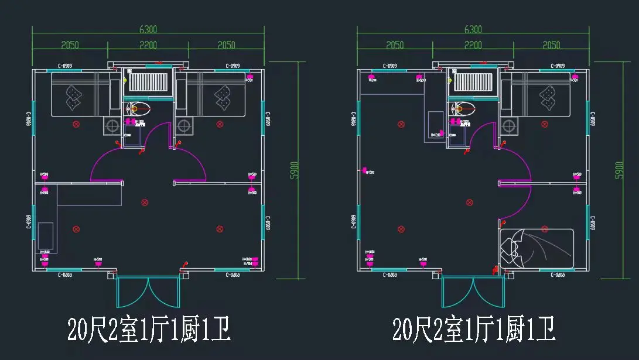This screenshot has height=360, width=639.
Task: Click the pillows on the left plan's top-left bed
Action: pyautogui.click(x=74, y=97)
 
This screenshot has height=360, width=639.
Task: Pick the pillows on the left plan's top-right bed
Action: pyautogui.click(x=223, y=97)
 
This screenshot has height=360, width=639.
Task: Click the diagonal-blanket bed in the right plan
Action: pyautogui.click(x=536, y=249)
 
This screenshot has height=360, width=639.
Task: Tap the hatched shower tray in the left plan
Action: pyautogui.click(x=148, y=82)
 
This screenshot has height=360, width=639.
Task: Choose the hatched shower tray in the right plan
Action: pyautogui.click(x=473, y=82)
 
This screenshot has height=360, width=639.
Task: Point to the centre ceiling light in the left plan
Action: pyautogui.click(x=145, y=203)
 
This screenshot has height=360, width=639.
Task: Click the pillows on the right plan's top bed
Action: pyautogui.click(x=548, y=97)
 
